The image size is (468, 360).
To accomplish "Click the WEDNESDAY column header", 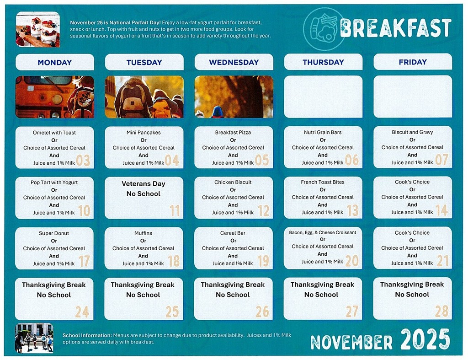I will click(x=234, y=62).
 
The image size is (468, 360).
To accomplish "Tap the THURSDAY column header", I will click(x=323, y=62).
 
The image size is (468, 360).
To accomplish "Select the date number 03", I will click(x=83, y=161).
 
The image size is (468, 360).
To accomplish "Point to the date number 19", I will click(x=263, y=261).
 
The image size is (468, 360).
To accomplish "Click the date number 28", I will click(x=441, y=312).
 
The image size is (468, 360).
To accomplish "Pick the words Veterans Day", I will click(x=144, y=184).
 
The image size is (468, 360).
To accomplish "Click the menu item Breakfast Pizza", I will click(x=233, y=133).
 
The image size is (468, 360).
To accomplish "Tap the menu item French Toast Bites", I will click(x=323, y=182).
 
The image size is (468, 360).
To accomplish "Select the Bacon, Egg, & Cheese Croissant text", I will click(x=323, y=232).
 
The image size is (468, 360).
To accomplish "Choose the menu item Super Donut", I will click(x=54, y=233).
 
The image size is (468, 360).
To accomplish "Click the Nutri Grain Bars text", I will click(x=323, y=133).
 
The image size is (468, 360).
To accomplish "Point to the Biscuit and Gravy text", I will click(x=412, y=132).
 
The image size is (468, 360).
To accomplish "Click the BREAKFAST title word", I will click(x=396, y=28).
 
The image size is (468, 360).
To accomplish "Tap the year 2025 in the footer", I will click(x=425, y=339).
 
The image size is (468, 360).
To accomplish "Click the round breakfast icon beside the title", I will click(x=323, y=28).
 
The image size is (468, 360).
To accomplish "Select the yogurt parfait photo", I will click(x=37, y=29).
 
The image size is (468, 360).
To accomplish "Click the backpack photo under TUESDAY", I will click(x=144, y=97).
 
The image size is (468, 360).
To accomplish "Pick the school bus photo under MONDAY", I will click(x=54, y=97).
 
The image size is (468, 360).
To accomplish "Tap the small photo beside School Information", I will click(x=34, y=338).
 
